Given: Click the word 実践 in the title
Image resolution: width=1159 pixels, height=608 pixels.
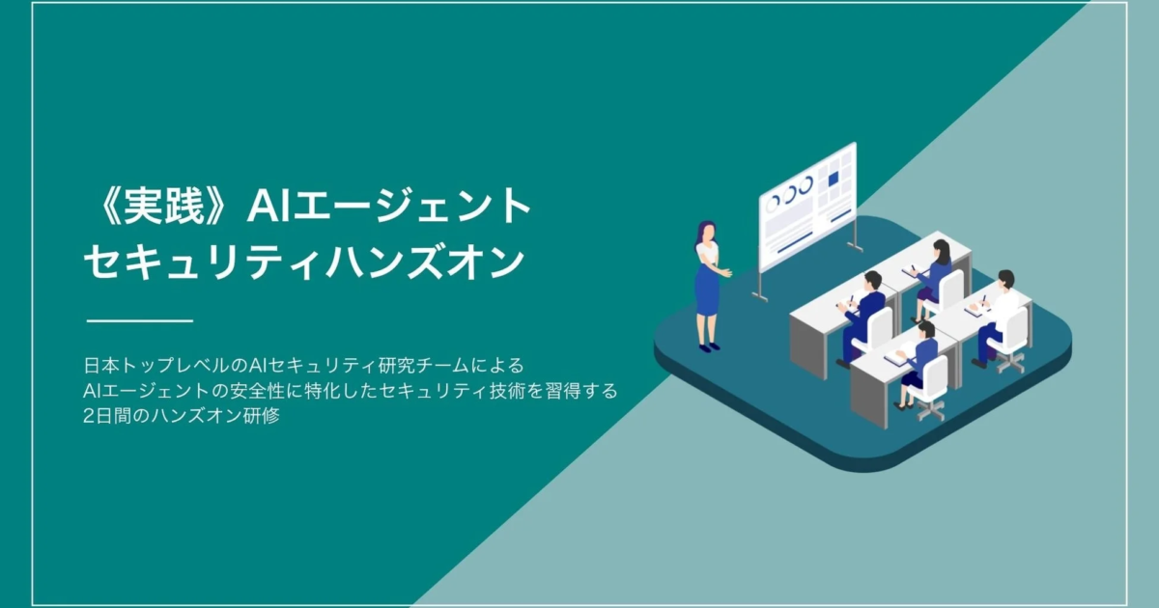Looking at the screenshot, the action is click(163, 206).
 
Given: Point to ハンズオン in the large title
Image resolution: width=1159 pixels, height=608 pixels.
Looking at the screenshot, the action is click(424, 263).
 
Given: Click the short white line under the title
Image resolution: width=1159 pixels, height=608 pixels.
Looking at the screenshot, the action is click(140, 321).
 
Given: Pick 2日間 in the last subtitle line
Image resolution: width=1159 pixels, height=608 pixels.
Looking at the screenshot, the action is click(107, 416).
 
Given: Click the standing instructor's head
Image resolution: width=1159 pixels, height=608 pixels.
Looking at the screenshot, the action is click(706, 231).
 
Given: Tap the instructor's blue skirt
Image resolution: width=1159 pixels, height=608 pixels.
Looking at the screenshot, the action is click(707, 290).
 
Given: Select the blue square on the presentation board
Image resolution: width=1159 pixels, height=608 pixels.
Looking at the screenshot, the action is click(833, 180).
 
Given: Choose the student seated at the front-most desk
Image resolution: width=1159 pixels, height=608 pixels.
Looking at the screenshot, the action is click(915, 362).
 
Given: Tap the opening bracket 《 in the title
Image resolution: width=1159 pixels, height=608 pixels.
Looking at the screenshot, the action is click(107, 206).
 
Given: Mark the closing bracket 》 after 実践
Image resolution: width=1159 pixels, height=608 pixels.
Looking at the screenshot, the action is click(217, 206).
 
